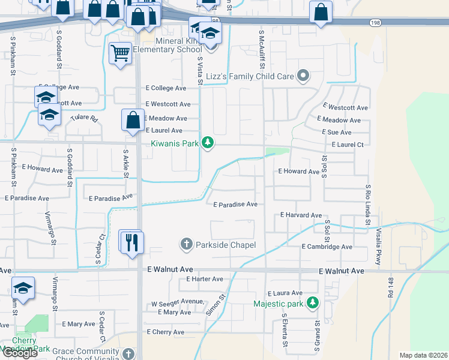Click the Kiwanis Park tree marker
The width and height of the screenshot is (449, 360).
pyautogui.click(x=207, y=142)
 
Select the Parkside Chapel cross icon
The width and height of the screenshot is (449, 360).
pyautogui.click(x=186, y=244)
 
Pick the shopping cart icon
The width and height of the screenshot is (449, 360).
pyautogui.click(x=120, y=53)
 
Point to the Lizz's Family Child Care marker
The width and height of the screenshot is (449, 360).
pyautogui.click(x=303, y=76)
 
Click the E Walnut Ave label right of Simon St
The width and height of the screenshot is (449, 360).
pyautogui.click(x=342, y=271)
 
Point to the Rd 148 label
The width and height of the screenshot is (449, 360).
pyautogui.click(x=391, y=287)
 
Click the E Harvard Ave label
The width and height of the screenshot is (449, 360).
pyautogui.click(x=301, y=215)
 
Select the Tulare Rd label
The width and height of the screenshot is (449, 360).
pyautogui.click(x=84, y=118)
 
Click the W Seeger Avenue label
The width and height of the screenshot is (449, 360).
pyautogui.click(x=177, y=302)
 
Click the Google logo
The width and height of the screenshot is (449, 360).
pyautogui.click(x=20, y=353)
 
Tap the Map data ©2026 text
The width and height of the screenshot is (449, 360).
pyautogui.click(x=423, y=355)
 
